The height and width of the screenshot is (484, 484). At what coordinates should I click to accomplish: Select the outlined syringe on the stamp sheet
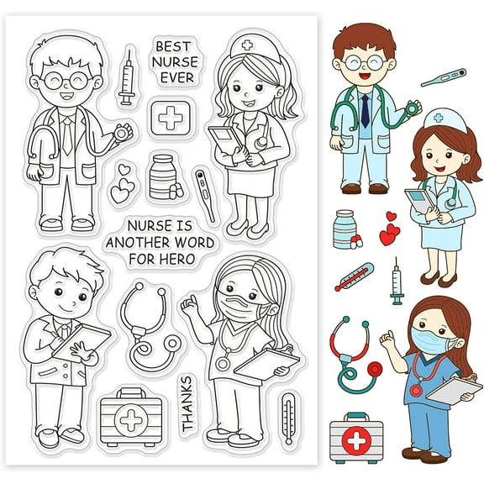coord(128,76)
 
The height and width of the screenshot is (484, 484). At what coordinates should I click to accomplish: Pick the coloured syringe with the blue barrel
coord(396,281)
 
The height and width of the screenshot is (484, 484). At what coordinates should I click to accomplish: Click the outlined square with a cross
coord(170,118)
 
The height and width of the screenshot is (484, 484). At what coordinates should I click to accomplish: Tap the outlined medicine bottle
coord(163,176)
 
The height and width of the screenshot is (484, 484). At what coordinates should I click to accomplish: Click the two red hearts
coord(388,228)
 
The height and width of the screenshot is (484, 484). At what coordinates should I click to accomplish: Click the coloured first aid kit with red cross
coord(353,437)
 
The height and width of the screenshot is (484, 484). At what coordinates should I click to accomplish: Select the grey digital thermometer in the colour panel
coord(443,78)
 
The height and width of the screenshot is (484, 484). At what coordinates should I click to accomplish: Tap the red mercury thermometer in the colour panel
coord(354,277)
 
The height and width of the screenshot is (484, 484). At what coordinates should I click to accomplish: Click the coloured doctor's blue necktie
coord(366,109)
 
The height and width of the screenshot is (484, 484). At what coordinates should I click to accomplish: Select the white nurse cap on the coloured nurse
coord(445,120)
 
